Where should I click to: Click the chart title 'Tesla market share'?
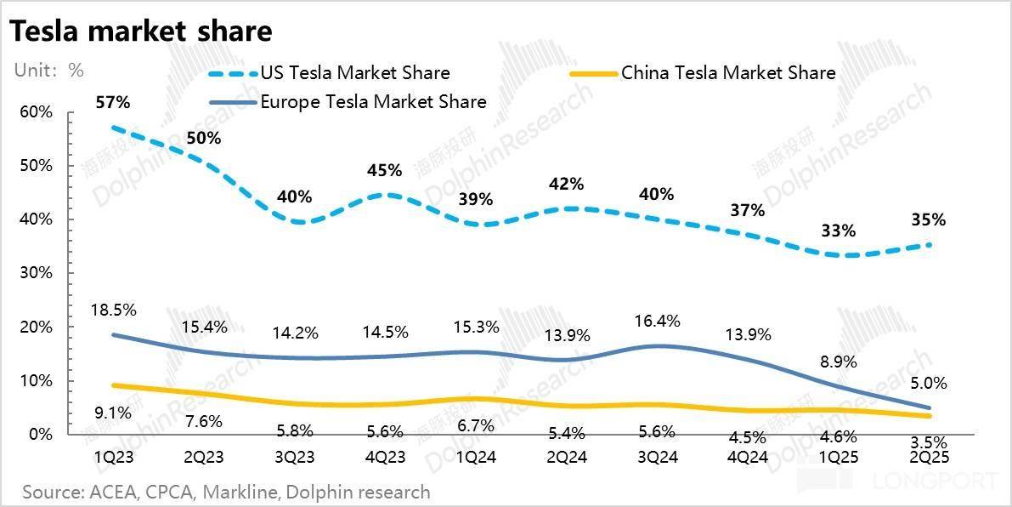141,31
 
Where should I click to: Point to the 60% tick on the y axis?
36,111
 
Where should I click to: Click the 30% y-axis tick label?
36,273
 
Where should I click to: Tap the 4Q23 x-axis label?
384,457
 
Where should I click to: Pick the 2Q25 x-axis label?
928,457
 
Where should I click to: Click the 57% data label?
112,102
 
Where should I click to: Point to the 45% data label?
384,170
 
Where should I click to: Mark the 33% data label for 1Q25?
838,231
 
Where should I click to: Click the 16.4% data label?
657,321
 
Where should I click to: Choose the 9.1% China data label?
112,414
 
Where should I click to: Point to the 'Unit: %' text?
48,71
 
